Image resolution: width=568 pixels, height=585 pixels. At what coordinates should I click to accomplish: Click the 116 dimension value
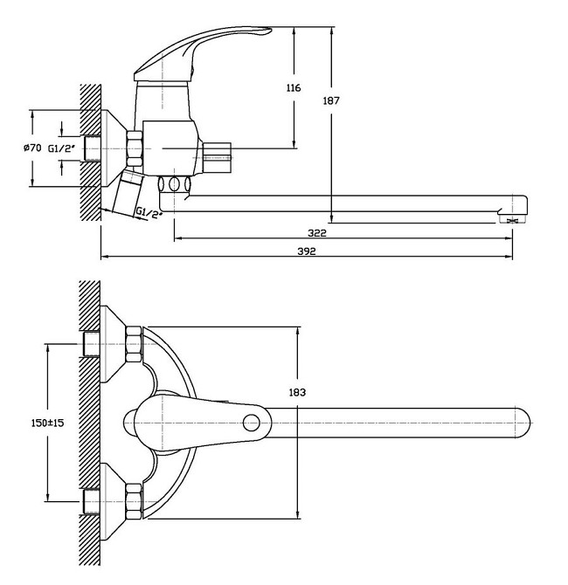pos(293,88)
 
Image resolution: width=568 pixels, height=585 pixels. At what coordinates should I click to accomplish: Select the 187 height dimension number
pos(331,100)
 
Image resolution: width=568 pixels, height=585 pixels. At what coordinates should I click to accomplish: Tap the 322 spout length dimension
pos(316,233)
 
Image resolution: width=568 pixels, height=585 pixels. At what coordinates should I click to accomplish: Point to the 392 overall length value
pos(306,251)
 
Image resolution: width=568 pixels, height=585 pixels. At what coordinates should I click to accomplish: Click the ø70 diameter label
pos(32,148)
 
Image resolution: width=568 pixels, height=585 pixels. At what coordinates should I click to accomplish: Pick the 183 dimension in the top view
pos(297,392)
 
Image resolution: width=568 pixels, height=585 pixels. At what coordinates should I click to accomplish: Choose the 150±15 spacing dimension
pos(47,423)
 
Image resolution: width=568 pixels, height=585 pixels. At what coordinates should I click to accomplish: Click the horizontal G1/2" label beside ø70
pos(61,148)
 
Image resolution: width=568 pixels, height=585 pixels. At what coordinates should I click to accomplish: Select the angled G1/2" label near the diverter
pos(149,213)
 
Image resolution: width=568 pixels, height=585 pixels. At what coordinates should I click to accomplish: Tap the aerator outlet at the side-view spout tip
pos(512,219)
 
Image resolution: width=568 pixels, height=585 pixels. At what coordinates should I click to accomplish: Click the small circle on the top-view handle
pos(251,423)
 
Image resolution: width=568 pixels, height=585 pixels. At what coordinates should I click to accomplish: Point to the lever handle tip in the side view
pos(268,30)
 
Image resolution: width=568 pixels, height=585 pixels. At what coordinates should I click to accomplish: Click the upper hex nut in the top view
pos(134,344)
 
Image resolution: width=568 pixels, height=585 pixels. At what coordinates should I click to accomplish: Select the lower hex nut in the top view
pos(134,501)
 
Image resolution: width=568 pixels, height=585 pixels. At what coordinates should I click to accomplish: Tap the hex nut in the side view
pos(135,148)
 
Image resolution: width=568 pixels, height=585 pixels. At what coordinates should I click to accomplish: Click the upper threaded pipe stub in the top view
pos(92,344)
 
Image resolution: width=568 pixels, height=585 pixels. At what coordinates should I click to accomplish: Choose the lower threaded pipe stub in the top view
pos(92,501)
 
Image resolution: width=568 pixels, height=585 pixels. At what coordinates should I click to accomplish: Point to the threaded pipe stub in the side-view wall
pos(93,148)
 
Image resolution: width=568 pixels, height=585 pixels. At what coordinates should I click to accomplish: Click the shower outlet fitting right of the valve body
pos(217,158)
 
